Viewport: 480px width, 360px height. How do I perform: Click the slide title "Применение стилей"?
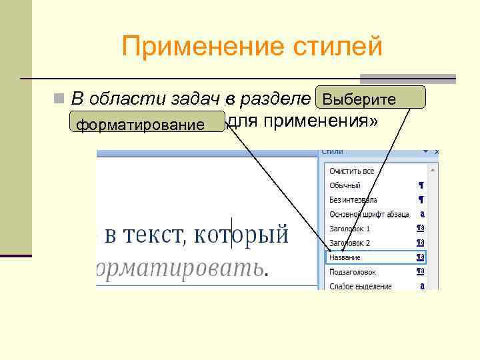(x=252, y=47)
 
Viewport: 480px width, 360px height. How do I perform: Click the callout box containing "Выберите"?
(x=371, y=99)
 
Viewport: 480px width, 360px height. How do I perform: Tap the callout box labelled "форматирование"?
(x=147, y=123)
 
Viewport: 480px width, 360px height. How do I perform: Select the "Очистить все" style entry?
(x=351, y=171)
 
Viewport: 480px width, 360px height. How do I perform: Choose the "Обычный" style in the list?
(x=345, y=185)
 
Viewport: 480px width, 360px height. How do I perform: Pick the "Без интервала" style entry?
(x=353, y=199)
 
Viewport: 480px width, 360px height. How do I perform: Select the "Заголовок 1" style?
(x=349, y=229)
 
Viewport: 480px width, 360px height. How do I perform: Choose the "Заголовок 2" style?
(x=349, y=243)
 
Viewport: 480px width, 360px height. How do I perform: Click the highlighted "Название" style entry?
(x=345, y=257)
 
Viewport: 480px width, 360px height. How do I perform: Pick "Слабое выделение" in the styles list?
(x=360, y=287)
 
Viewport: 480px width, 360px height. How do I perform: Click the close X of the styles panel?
(x=436, y=152)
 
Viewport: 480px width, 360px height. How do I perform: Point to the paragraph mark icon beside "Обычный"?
(x=421, y=185)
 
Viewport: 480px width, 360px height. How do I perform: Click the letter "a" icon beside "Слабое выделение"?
(x=421, y=287)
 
